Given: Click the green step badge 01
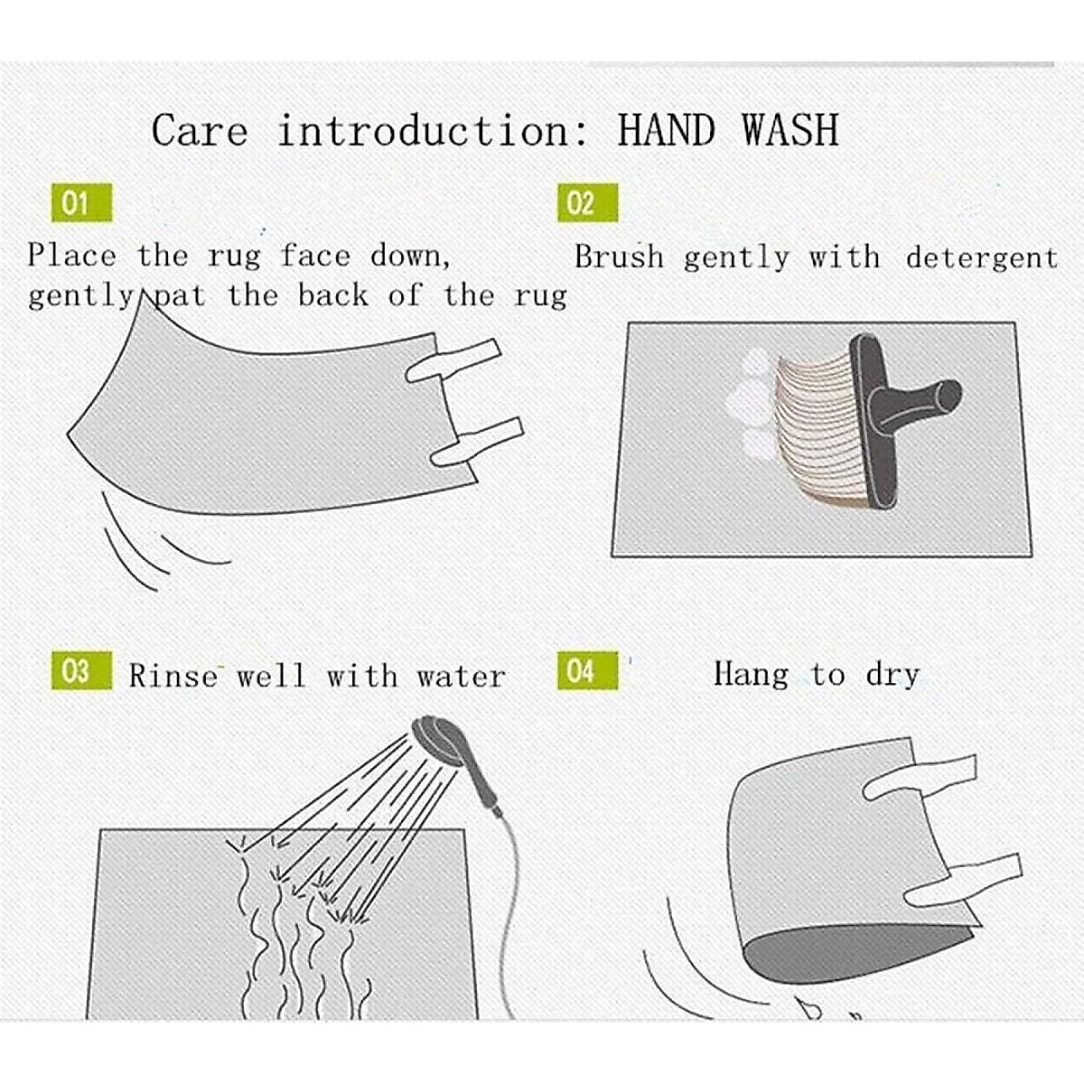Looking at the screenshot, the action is pos(81,202).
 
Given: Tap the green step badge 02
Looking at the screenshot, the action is pos(588,202).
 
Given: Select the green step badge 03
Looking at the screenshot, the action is pos(81,670).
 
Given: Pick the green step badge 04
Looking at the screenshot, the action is pos(588,670).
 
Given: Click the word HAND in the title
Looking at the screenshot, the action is pos(666,130).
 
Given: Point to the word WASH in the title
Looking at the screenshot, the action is pos(790,130).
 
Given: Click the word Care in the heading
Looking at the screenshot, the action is pos(200,130).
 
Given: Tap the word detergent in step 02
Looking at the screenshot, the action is pos(982,257).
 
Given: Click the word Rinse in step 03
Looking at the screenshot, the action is pos(173,676).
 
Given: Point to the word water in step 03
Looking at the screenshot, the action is pos(461,677).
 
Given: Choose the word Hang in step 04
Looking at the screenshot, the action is pos(751,673).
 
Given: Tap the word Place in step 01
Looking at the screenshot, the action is pos(72,256).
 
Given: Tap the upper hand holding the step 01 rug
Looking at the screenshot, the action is pos(453,360).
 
